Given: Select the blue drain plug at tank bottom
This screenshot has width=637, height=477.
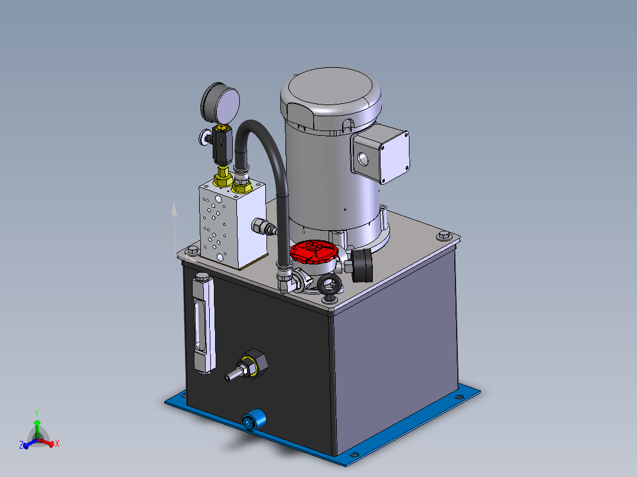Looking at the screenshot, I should [x=253, y=422].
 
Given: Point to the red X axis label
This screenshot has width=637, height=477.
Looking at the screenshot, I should [x=57, y=443].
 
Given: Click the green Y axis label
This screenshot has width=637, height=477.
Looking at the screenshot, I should [x=37, y=413].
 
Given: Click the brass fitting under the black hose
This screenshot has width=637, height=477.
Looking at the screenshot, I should [x=242, y=187].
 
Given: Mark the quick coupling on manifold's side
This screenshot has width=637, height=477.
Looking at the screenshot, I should [x=263, y=227].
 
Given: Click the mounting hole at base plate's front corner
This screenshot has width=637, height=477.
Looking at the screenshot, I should [x=353, y=455].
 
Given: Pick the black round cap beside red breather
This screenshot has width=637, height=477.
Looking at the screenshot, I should [x=363, y=265].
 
